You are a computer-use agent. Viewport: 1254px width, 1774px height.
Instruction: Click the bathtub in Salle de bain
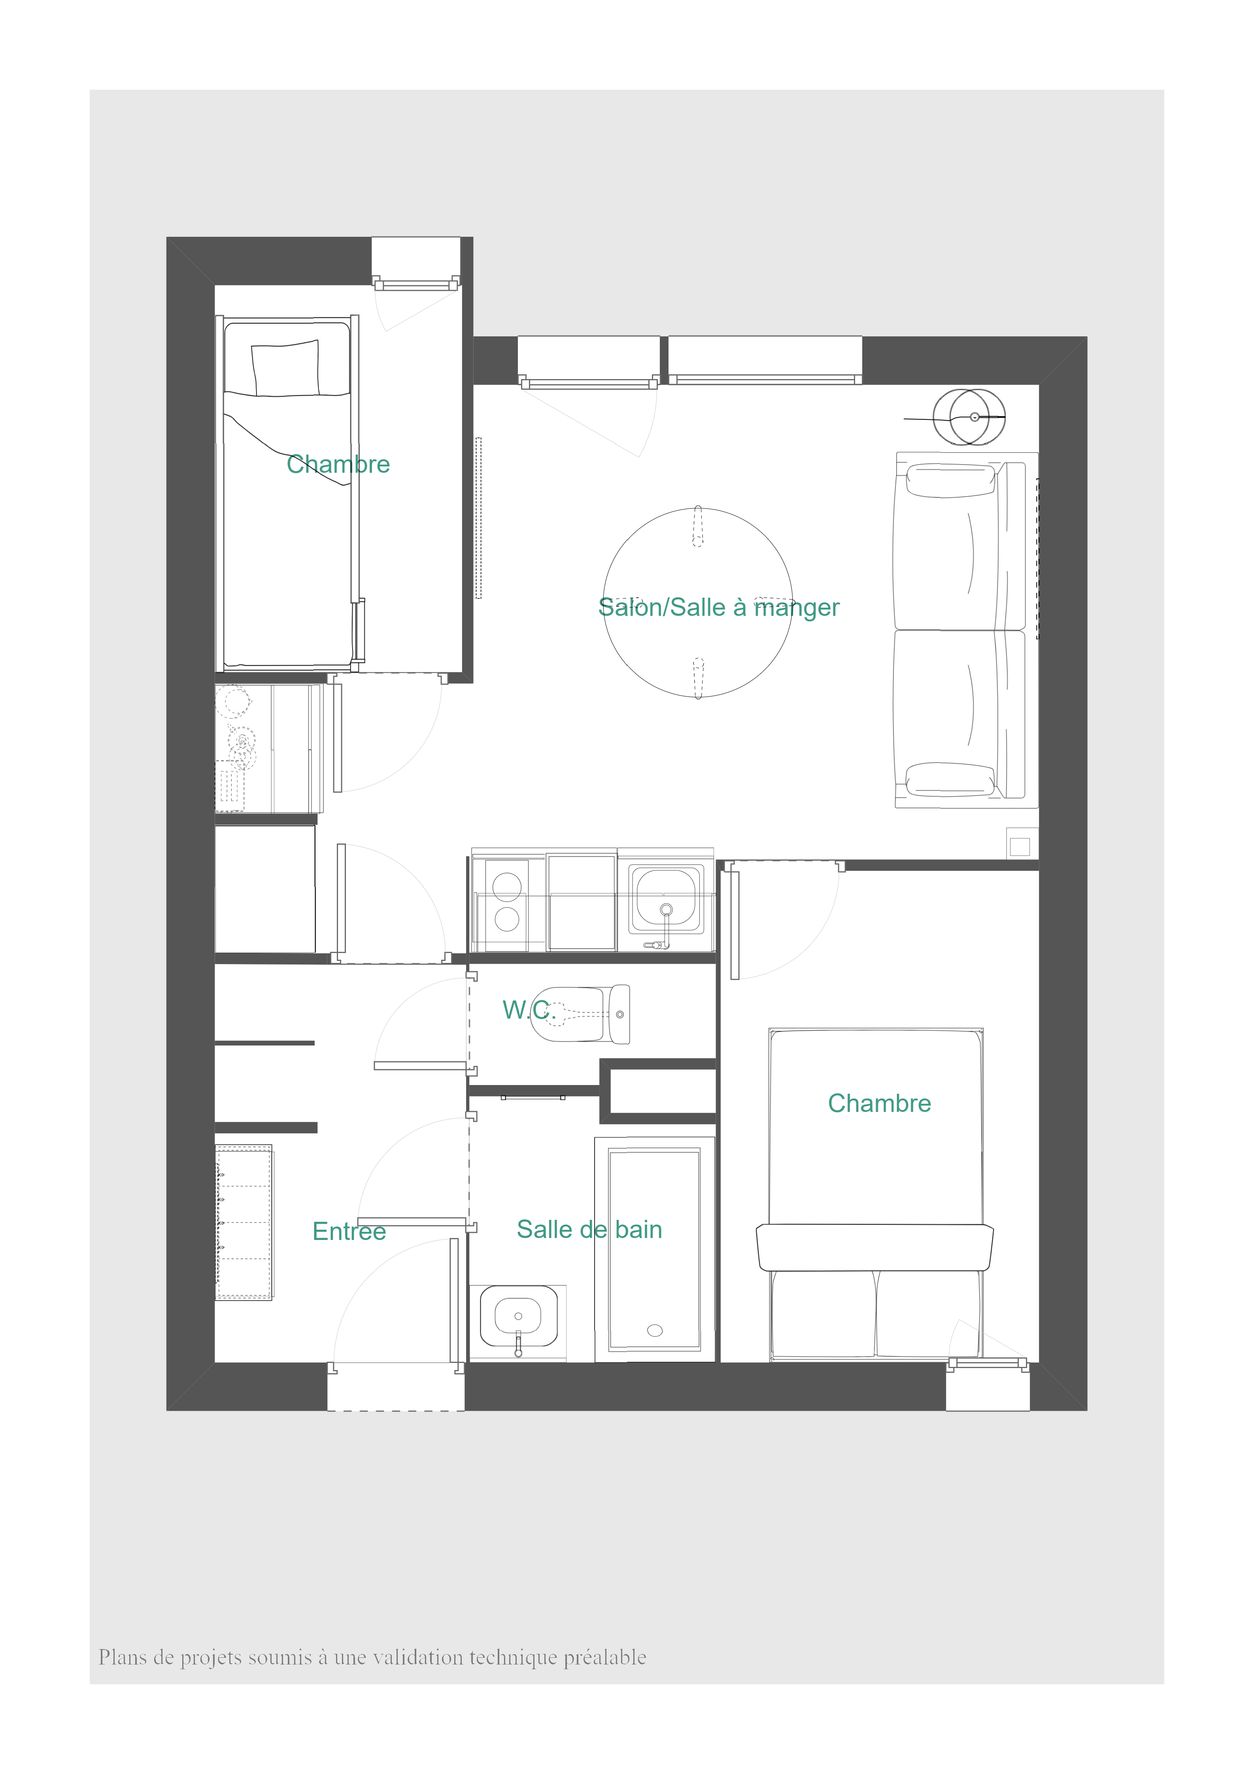(x=654, y=1249)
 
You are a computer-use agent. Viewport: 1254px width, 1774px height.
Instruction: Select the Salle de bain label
(x=589, y=1229)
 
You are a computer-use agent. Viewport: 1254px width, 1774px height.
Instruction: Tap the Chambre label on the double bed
(x=879, y=1103)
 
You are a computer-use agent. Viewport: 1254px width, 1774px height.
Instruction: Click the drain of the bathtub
(x=654, y=1330)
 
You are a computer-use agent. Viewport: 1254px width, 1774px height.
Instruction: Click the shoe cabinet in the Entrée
(x=244, y=1222)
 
